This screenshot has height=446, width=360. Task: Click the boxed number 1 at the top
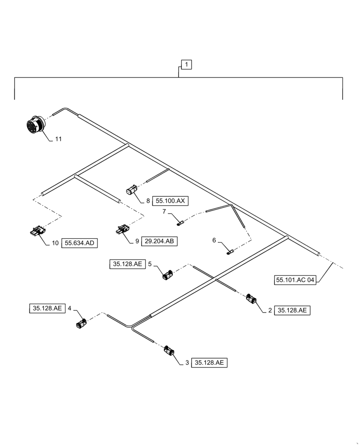187,65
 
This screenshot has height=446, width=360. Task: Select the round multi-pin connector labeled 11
34,124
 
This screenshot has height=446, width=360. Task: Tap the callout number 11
58,139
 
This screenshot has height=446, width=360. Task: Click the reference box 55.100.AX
170,201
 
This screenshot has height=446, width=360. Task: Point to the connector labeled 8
132,191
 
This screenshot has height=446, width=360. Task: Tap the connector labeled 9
121,230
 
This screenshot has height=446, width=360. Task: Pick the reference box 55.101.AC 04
295,280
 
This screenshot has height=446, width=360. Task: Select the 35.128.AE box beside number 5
127,264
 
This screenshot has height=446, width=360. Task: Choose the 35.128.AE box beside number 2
292,311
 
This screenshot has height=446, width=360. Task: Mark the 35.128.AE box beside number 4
47,308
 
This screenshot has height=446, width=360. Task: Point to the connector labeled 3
169,351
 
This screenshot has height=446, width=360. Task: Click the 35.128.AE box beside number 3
209,363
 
